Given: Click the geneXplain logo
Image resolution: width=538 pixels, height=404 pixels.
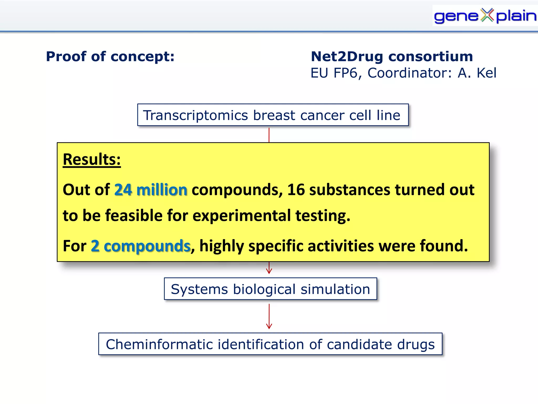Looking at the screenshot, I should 485,16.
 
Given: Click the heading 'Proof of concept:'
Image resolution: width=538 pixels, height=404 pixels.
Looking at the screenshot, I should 110,57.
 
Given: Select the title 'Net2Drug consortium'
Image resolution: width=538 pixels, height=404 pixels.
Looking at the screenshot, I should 392,57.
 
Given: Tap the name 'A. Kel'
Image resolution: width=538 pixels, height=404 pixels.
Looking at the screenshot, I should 477,73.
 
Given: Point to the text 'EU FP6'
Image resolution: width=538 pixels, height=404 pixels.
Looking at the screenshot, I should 334,73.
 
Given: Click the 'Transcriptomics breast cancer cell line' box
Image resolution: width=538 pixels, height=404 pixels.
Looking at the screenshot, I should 273,115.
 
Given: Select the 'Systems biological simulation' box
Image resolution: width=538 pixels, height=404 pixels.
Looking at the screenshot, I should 270,289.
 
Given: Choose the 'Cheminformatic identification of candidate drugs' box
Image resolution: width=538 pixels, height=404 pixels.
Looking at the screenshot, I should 270,344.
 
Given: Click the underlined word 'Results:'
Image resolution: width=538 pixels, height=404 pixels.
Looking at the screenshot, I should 92,159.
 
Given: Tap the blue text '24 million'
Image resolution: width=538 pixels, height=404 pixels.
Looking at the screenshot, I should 151,190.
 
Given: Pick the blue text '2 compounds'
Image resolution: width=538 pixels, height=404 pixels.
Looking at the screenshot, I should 141,246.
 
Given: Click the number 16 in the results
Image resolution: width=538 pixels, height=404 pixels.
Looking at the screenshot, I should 296,190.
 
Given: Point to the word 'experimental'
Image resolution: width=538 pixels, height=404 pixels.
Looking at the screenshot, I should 241,215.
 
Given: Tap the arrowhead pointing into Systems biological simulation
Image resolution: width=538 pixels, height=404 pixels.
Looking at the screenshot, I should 269,271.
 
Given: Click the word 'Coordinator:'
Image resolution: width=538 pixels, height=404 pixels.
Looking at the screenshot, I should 410,73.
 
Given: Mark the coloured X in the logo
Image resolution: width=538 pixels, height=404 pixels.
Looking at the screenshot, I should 487,15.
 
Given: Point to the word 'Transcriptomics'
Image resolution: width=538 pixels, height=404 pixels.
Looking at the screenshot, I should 195,115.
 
